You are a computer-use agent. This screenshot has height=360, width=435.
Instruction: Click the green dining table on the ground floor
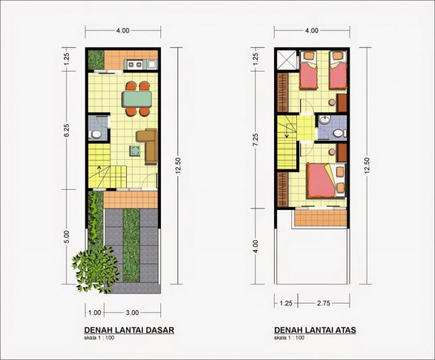[136, 99]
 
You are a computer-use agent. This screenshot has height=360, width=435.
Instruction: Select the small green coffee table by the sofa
[135, 151]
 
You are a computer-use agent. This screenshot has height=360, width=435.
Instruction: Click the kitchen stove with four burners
[135, 65]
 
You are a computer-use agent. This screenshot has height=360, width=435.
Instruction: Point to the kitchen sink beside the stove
[152, 65]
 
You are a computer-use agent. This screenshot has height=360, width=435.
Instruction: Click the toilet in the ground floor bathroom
[95, 135]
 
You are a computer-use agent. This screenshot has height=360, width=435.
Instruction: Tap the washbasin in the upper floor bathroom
[324, 120]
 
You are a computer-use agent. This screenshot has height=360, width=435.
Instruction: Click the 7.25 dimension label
[256, 140]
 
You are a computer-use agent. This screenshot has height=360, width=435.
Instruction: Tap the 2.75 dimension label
[324, 303]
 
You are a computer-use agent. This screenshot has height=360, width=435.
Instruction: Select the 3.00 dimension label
[132, 313]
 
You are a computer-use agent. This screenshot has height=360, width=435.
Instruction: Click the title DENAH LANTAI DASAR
[129, 330]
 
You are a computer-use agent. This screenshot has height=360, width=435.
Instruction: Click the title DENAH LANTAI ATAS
[315, 330]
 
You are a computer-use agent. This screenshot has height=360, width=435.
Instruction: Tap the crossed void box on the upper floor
[287, 60]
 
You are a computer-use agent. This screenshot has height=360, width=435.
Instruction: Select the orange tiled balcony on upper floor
[320, 218]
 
